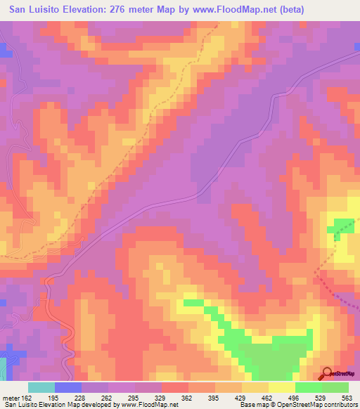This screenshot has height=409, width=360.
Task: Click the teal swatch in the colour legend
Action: coord(41,387)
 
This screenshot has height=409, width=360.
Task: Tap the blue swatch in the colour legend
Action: coord(68,387)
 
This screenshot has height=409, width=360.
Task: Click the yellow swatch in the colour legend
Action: coord(282,387)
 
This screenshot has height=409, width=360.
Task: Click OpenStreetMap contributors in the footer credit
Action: coord(323,405)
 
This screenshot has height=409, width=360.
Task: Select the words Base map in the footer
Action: coord(250,405)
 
